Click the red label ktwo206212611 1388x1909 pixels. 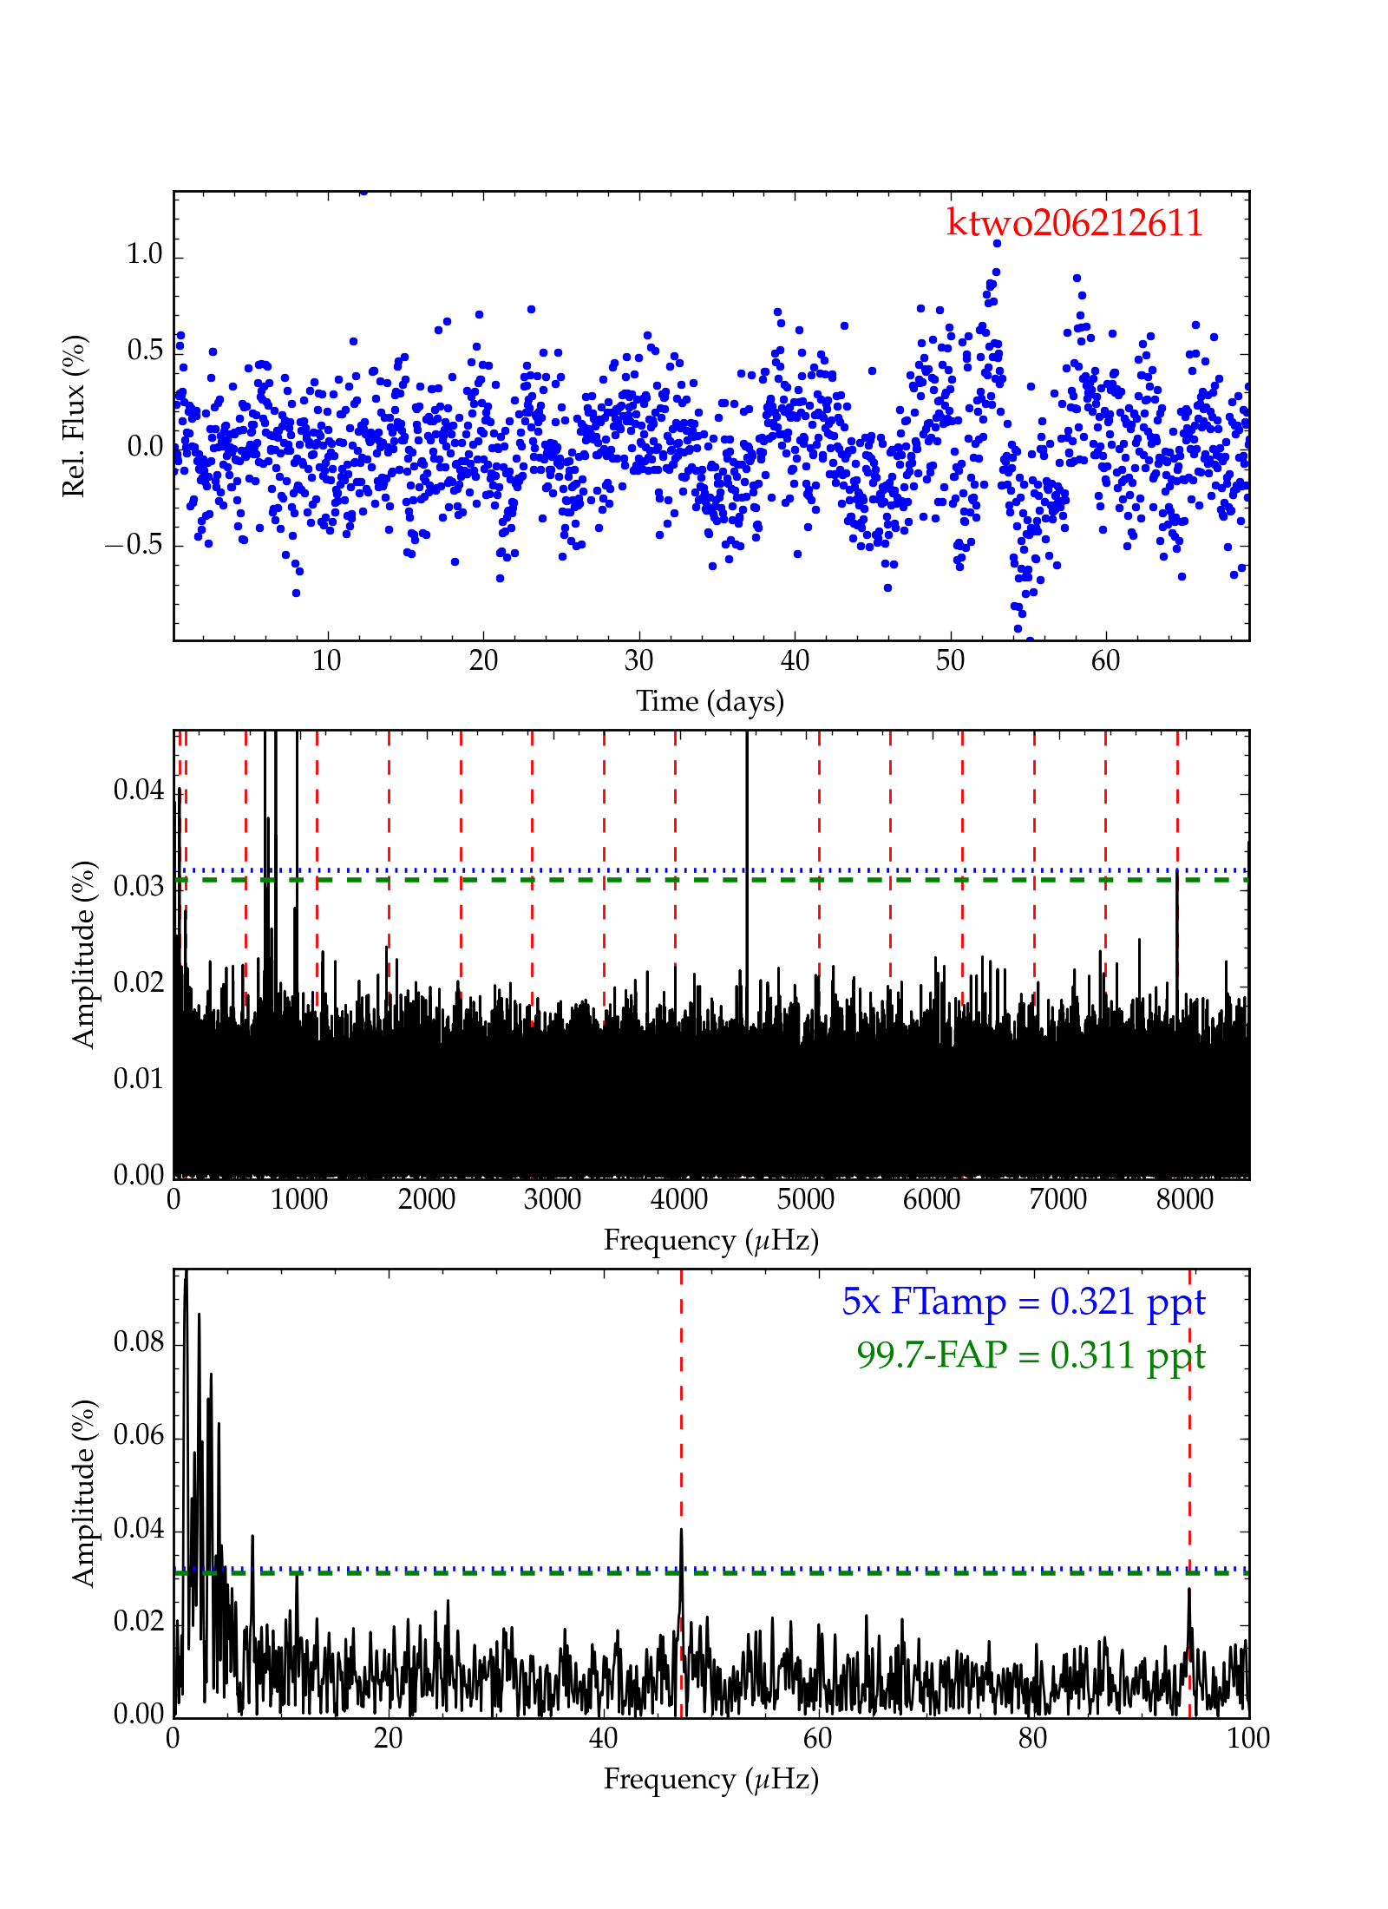pyautogui.click(x=1074, y=223)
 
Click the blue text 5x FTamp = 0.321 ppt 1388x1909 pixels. pyautogui.click(x=1023, y=1302)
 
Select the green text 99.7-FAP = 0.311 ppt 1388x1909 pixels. pyautogui.click(x=1031, y=1355)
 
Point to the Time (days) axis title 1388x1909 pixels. pyautogui.click(x=710, y=701)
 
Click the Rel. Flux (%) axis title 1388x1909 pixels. pyautogui.click(x=75, y=416)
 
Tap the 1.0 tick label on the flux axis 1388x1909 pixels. pyautogui.click(x=144, y=254)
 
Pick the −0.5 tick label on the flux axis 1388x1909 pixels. pyautogui.click(x=134, y=545)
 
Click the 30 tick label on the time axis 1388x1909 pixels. pyautogui.click(x=639, y=661)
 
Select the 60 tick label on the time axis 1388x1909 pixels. pyautogui.click(x=1105, y=661)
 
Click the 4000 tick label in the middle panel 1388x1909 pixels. pyautogui.click(x=678, y=1199)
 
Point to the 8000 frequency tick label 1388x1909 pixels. pyautogui.click(x=1184, y=1199)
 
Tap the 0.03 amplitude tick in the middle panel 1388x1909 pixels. pyautogui.click(x=139, y=886)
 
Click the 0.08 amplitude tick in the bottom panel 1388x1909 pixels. pyautogui.click(x=139, y=1342)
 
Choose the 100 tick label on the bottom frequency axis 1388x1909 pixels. pyautogui.click(x=1248, y=1738)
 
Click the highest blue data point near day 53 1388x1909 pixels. pyautogui.click(x=997, y=244)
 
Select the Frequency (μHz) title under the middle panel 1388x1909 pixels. pyautogui.click(x=710, y=1240)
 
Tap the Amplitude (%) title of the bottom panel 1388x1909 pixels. pyautogui.click(x=83, y=1492)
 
